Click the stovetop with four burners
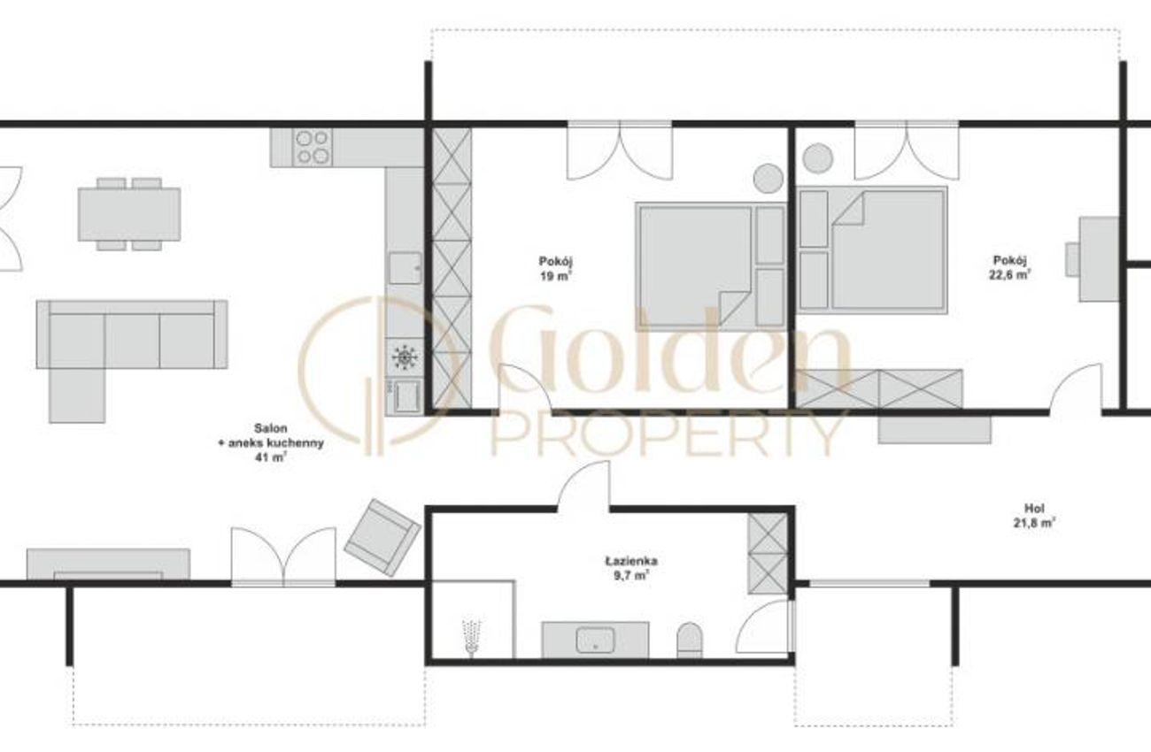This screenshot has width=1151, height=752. point(313,148)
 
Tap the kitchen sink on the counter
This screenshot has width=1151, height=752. point(405,268)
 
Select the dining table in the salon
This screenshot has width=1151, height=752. point(129,214)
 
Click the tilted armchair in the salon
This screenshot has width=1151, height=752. point(382,537)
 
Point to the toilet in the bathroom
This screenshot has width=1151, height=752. point(689,640)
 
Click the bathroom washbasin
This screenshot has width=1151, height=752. point(595,641)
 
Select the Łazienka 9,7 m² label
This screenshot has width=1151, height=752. point(631,568)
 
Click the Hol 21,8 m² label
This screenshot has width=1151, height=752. point(1034,516)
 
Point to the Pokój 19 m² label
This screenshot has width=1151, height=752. point(555,268)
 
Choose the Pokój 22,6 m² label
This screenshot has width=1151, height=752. point(1009,267)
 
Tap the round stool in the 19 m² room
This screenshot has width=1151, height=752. point(769,178)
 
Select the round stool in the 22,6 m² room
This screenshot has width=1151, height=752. point(817,158)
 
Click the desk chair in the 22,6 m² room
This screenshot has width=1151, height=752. point(1072,259)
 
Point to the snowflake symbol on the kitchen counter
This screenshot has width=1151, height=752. point(405,357)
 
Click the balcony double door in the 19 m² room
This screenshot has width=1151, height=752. point(620,151)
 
